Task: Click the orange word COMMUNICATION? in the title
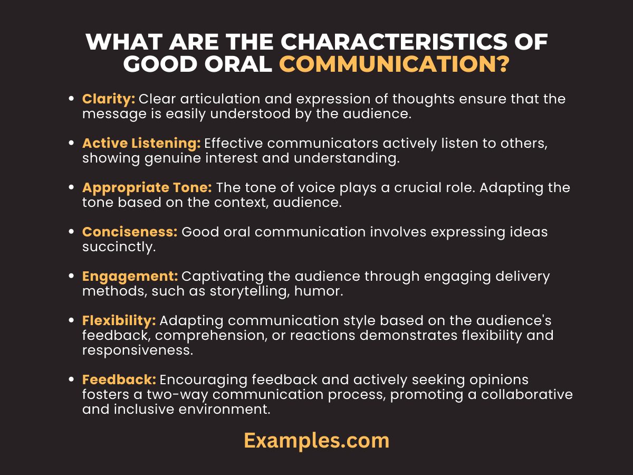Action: tap(394, 64)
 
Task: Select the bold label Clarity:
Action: tap(109, 99)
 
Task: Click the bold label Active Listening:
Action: tap(141, 143)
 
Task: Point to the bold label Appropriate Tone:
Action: tap(147, 187)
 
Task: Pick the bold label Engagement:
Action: tap(130, 276)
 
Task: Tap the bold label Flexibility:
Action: tap(119, 320)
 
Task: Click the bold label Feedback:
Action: tap(119, 379)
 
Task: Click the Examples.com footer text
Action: tap(316, 440)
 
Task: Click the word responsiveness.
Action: tap(135, 350)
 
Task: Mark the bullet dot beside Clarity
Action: tap(71, 99)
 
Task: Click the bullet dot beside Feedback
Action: tap(71, 380)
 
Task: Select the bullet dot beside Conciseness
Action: tap(71, 232)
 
